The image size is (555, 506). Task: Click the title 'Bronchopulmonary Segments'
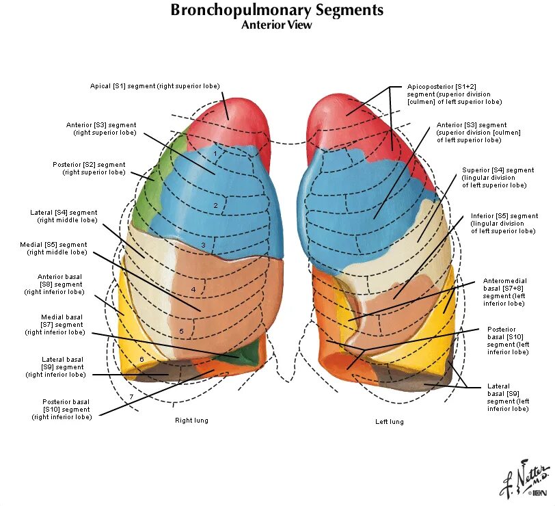[277, 10]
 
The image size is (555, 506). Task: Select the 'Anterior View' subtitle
[277, 25]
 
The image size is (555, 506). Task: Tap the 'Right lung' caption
[191, 420]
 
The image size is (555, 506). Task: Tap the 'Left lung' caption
[390, 421]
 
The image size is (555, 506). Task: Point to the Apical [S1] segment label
[154, 86]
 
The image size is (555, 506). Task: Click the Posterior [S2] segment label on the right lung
[89, 168]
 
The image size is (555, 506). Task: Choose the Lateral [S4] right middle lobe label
[64, 216]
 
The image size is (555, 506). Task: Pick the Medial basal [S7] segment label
[62, 325]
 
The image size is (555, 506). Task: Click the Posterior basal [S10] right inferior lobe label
[66, 408]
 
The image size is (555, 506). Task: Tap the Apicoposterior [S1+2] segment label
[455, 94]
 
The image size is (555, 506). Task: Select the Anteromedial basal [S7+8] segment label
[506, 292]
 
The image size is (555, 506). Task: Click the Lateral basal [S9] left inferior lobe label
[507, 397]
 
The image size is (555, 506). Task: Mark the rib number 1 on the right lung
[215, 154]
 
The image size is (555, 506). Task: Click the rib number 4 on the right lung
[193, 290]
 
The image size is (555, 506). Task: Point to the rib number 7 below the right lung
[131, 397]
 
